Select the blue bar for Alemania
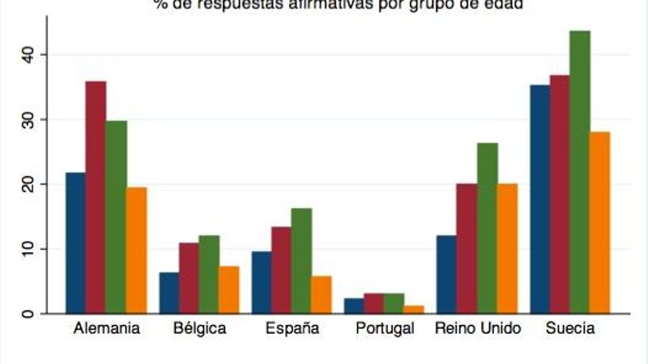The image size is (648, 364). pyautogui.click(x=76, y=243)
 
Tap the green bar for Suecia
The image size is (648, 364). pyautogui.click(x=580, y=172)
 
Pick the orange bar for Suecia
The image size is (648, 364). pyautogui.click(x=600, y=222)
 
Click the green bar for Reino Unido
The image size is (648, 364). pyautogui.click(x=487, y=228)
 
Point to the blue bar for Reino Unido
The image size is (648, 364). pyautogui.click(x=447, y=274)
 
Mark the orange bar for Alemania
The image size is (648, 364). pyautogui.click(x=137, y=250)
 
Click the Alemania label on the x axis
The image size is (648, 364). pyautogui.click(x=107, y=329)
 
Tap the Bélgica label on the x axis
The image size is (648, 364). pyautogui.click(x=200, y=329)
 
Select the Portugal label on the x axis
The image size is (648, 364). pyautogui.click(x=384, y=329)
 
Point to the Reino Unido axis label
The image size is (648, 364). pyautogui.click(x=477, y=329)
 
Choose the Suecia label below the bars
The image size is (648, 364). pyautogui.click(x=570, y=329)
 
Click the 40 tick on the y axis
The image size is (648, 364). pyautogui.click(x=26, y=54)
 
